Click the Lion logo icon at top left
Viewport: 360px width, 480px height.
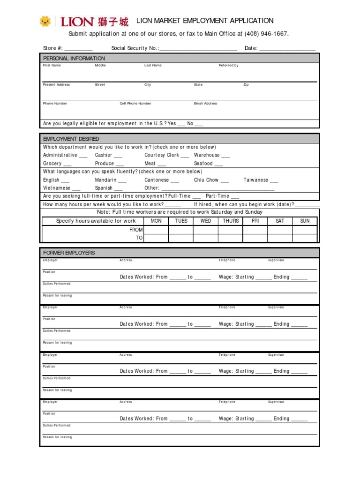[x=45, y=21]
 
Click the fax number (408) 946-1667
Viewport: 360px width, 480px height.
[x=266, y=34]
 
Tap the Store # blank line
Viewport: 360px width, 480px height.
[x=78, y=48]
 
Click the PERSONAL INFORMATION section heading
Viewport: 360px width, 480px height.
[x=74, y=58]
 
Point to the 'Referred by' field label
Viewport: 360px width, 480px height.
[x=229, y=66]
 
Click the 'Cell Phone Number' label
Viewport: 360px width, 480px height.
[x=135, y=104]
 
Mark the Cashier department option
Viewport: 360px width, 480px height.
[x=118, y=155]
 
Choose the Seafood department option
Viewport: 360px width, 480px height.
[x=218, y=164]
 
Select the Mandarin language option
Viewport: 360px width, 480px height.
[x=122, y=180]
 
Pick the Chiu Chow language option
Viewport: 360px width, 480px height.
[x=225, y=180]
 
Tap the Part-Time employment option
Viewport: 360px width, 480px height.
[x=235, y=196]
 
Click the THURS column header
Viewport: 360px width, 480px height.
[x=231, y=221]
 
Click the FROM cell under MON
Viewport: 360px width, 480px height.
[x=156, y=230]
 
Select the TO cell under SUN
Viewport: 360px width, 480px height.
[x=305, y=238]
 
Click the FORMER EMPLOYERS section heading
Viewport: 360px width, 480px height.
[x=69, y=253]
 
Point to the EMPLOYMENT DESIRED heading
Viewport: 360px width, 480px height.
[x=71, y=139]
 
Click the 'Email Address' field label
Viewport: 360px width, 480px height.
[x=206, y=104]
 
